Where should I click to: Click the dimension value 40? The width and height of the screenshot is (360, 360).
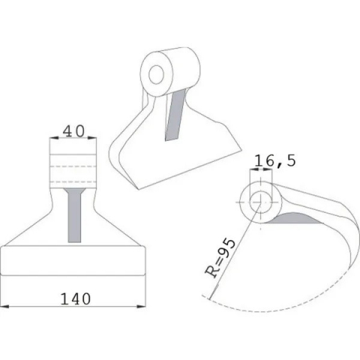[x=73, y=130]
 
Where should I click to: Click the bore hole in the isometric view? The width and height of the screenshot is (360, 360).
[x=158, y=73]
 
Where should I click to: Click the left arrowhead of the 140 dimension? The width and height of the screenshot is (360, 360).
[x=4, y=307]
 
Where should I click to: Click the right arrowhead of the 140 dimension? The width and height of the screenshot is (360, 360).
[x=142, y=307]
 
